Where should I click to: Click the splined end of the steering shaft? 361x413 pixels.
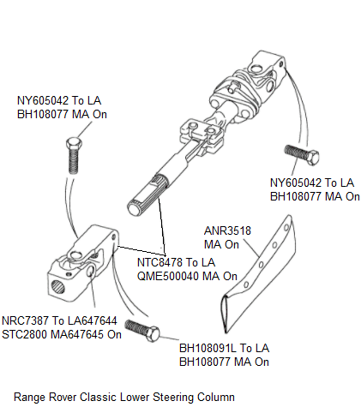(x=137, y=206)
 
